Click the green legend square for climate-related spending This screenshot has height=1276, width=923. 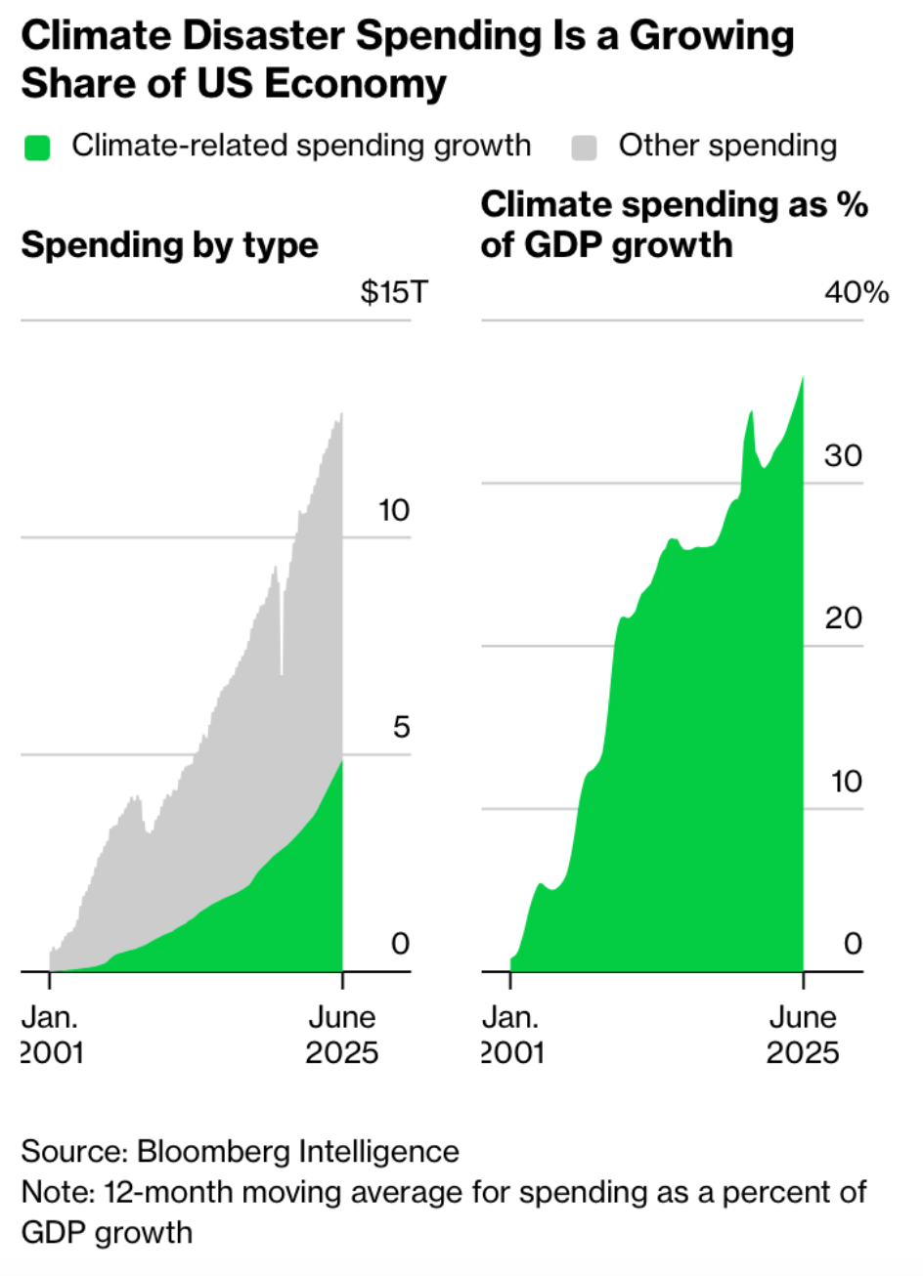click(x=37, y=148)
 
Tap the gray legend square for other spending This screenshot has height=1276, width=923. click(x=584, y=148)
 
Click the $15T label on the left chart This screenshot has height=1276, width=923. click(x=393, y=292)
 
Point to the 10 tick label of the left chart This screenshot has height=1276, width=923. click(x=394, y=510)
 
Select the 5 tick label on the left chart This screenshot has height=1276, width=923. click(x=401, y=727)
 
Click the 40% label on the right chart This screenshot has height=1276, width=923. click(x=856, y=292)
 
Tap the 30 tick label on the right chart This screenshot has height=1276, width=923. click(x=843, y=455)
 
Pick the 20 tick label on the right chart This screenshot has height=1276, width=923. click(x=843, y=617)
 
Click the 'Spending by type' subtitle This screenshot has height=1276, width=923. click(x=169, y=244)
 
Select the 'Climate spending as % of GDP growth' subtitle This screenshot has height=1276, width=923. click(x=674, y=224)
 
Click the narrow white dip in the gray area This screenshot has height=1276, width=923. click(x=282, y=635)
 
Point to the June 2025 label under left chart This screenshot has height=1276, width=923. click(x=341, y=1035)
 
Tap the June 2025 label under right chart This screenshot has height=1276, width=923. click(x=803, y=1035)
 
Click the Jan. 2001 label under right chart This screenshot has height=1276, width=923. click(x=512, y=1035)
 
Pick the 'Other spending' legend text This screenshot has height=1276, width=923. click(x=727, y=146)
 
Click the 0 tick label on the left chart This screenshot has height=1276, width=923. click(x=400, y=944)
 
